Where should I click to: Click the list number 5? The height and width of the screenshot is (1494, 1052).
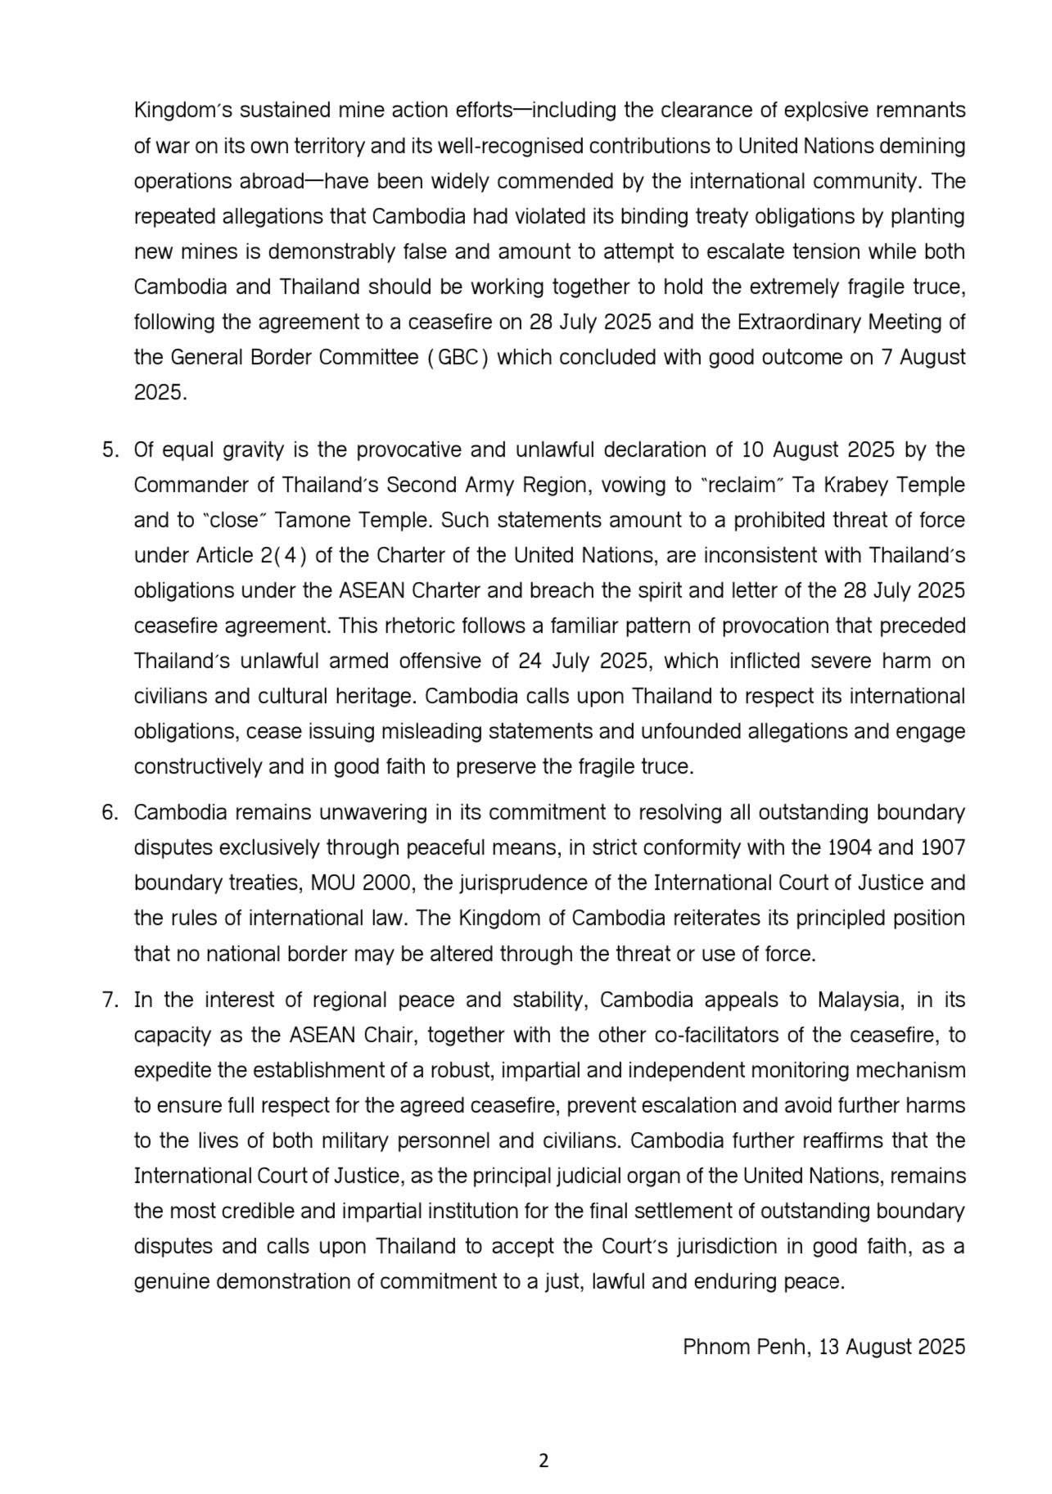(110, 450)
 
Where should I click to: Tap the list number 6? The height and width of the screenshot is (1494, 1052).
(110, 813)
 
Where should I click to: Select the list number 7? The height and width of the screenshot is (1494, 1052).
(110, 1000)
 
